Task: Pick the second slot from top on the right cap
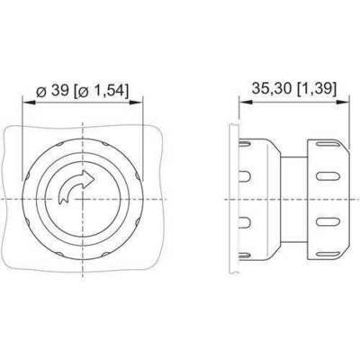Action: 328,176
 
